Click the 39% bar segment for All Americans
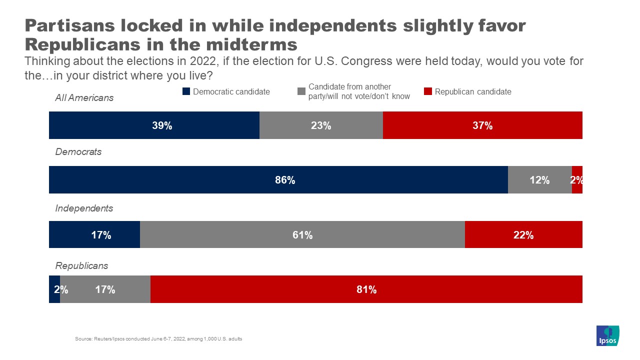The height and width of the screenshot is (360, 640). click(x=154, y=125)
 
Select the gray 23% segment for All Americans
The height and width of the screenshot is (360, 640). click(x=321, y=125)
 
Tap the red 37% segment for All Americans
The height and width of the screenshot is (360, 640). click(x=482, y=125)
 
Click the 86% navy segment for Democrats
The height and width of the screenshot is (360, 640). click(x=278, y=180)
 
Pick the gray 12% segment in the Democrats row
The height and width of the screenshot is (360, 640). click(x=539, y=180)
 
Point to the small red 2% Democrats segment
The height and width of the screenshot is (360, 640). click(x=577, y=180)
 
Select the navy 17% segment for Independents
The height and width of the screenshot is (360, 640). click(x=94, y=234)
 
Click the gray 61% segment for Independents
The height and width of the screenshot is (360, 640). click(x=302, y=234)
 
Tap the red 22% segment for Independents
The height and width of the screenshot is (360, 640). click(x=523, y=234)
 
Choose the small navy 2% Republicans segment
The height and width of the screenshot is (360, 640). click(x=54, y=289)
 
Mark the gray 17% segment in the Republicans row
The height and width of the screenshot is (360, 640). click(x=105, y=289)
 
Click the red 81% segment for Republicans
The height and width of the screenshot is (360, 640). click(x=366, y=289)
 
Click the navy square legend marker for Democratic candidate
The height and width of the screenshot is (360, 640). click(x=186, y=91)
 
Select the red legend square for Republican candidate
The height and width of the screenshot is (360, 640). click(x=427, y=91)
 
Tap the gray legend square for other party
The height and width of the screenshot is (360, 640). click(x=301, y=91)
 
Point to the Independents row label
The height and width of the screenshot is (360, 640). click(x=84, y=208)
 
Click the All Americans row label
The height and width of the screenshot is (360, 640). click(x=84, y=98)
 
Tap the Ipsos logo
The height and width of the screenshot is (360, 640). click(x=608, y=335)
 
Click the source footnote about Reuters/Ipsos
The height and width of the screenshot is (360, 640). click(x=158, y=339)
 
